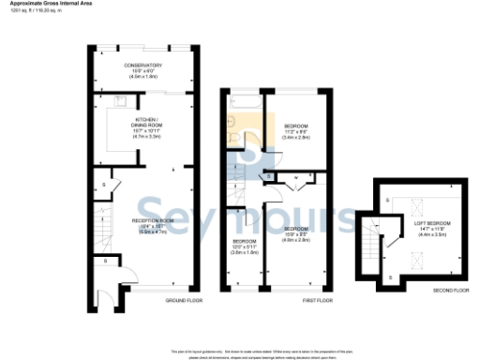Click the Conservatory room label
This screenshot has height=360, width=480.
143,65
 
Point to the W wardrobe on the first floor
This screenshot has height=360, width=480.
296,176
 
